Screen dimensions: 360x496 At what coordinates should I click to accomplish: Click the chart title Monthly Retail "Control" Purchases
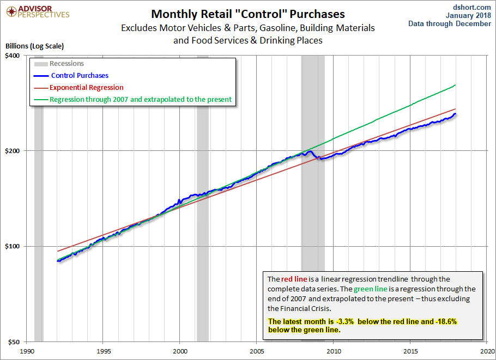coord(248,14)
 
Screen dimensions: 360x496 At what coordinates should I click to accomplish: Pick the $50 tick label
coord(13,342)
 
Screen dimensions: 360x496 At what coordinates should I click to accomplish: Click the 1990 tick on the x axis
coord(27,351)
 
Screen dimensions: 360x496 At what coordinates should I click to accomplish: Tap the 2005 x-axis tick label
coord(257,351)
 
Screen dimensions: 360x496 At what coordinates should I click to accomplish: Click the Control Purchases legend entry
coord(80,76)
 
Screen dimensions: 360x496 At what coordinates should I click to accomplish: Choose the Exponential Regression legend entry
coord(86,87)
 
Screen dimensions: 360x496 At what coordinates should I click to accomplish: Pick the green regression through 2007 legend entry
coord(141,100)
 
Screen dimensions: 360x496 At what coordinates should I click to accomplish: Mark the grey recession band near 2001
coord(203,218)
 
